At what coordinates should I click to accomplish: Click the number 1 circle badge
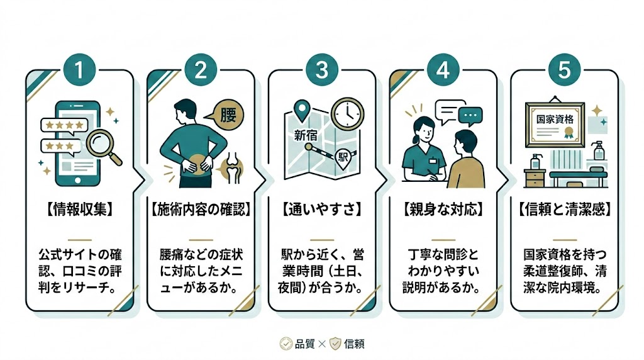click(x=79, y=70)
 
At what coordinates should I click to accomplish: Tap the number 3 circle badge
click(x=321, y=70)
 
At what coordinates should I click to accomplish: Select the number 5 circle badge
click(x=564, y=70)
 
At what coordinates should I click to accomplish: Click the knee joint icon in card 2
click(x=231, y=166)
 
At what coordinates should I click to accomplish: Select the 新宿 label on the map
click(x=306, y=134)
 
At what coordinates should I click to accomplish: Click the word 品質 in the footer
click(x=304, y=344)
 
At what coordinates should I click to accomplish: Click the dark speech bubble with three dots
click(x=470, y=116)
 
